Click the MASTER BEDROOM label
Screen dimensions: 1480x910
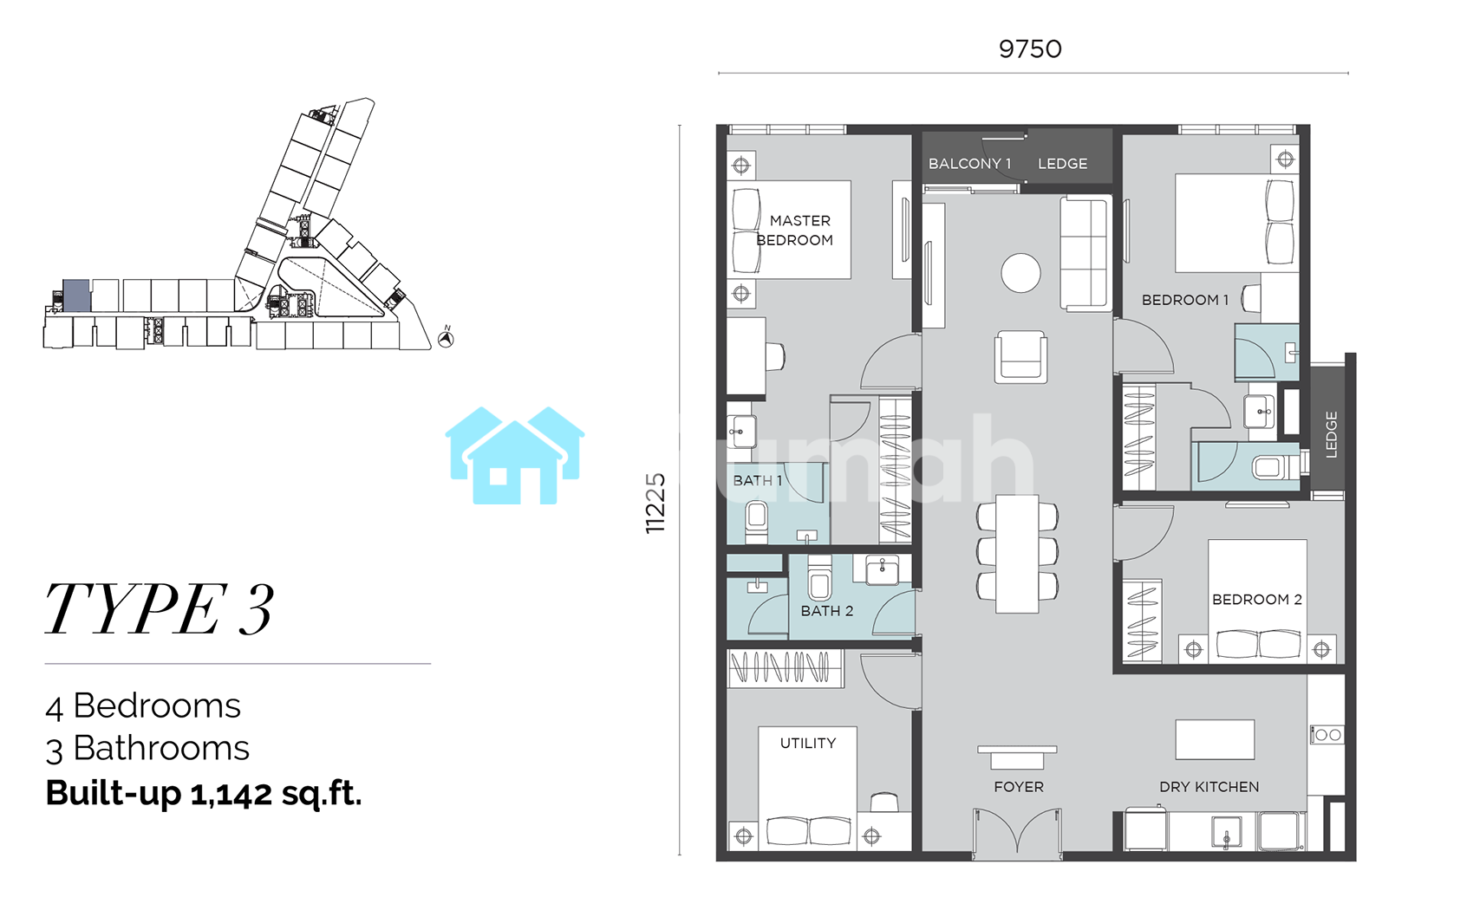tap(795, 231)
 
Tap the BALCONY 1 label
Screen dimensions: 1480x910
tap(969, 164)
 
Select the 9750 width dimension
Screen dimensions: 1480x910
tap(1030, 49)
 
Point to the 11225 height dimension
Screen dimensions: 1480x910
tap(655, 504)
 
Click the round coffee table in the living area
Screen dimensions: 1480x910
tap(1020, 273)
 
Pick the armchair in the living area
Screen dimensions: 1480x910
tap(1020, 356)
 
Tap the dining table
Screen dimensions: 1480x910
tap(1018, 554)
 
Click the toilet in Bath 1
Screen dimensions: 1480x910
tap(757, 522)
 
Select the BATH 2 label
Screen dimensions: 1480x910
tap(827, 611)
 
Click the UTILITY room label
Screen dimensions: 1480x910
tap(808, 743)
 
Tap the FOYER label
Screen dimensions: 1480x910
tap(1019, 787)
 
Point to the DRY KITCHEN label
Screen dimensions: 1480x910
tap(1209, 787)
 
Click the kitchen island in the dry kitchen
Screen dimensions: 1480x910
tap(1215, 739)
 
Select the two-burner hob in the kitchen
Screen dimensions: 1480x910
tap(1327, 734)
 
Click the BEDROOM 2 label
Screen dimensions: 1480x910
tap(1256, 600)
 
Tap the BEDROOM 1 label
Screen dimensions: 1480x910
tap(1185, 300)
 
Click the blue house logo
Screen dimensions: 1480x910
tap(515, 456)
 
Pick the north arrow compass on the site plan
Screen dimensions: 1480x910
tap(446, 339)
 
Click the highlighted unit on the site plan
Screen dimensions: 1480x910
tap(76, 296)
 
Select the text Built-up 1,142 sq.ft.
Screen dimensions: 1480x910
tap(204, 793)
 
